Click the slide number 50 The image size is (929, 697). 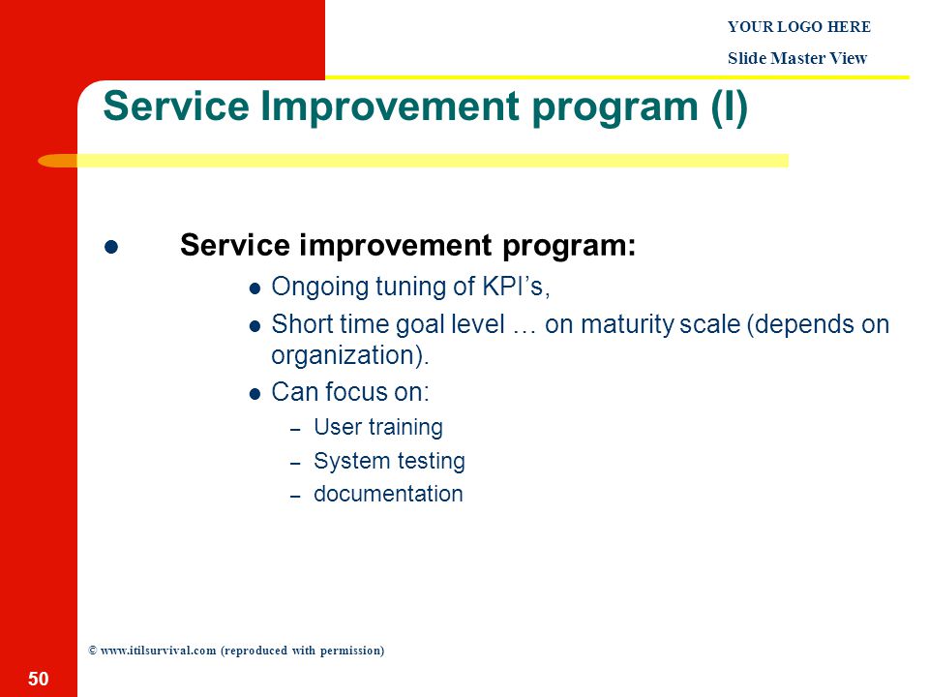tap(39, 679)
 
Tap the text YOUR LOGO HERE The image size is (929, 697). tap(799, 27)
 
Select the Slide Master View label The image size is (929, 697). tap(797, 58)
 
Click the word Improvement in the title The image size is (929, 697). tap(390, 106)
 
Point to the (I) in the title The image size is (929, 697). tap(730, 107)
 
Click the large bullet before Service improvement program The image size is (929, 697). tap(110, 247)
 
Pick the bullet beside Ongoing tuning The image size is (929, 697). tap(255, 289)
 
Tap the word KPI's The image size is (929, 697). tap(516, 287)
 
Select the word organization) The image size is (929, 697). tap(349, 355)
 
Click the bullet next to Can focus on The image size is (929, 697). tap(255, 394)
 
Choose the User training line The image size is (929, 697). tap(378, 427)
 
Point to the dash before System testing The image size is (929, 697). tap(296, 464)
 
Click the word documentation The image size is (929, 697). tap(388, 494)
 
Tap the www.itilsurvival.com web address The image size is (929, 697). tap(158, 651)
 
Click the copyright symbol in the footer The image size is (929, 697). tap(93, 651)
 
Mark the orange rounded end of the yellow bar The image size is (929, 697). tap(57, 161)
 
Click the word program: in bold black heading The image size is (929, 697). tap(569, 246)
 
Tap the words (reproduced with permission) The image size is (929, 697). tap(302, 651)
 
